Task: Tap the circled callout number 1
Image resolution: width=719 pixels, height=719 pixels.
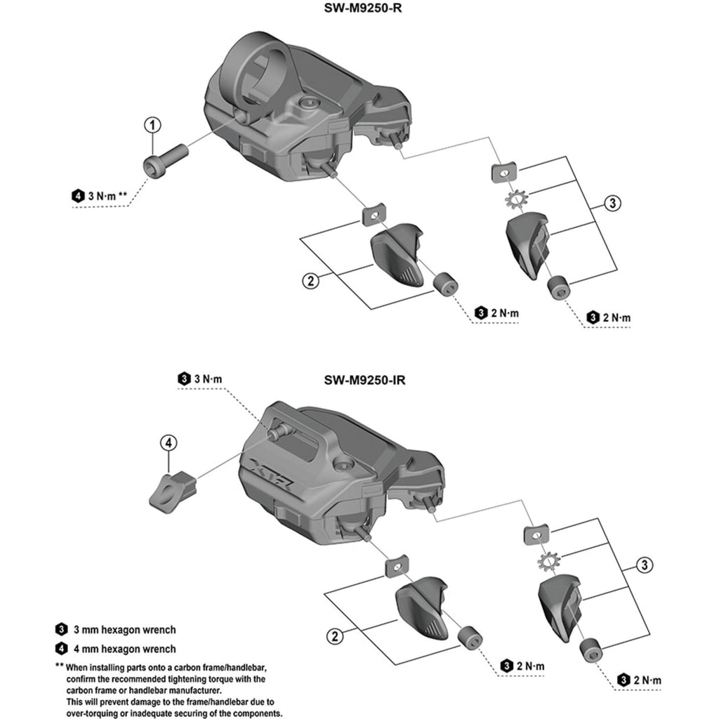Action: [x=153, y=126]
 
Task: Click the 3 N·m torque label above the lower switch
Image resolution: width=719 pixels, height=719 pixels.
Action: [x=207, y=378]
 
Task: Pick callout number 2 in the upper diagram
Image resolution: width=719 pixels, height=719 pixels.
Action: [x=310, y=282]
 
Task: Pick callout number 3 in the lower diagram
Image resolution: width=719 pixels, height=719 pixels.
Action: [x=645, y=564]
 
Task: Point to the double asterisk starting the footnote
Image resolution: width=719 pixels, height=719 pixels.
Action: [x=59, y=666]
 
